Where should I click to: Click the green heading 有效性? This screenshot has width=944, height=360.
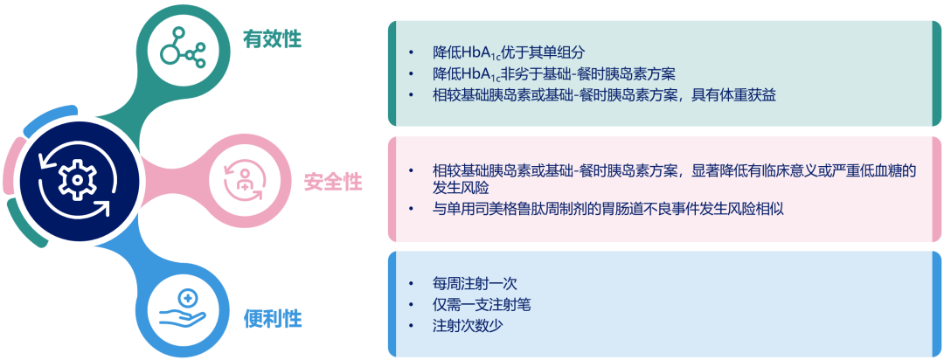[272, 38]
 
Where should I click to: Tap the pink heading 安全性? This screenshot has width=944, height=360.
[332, 183]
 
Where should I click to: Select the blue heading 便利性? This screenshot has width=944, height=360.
[272, 318]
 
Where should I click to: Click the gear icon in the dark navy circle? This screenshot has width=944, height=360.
[76, 179]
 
